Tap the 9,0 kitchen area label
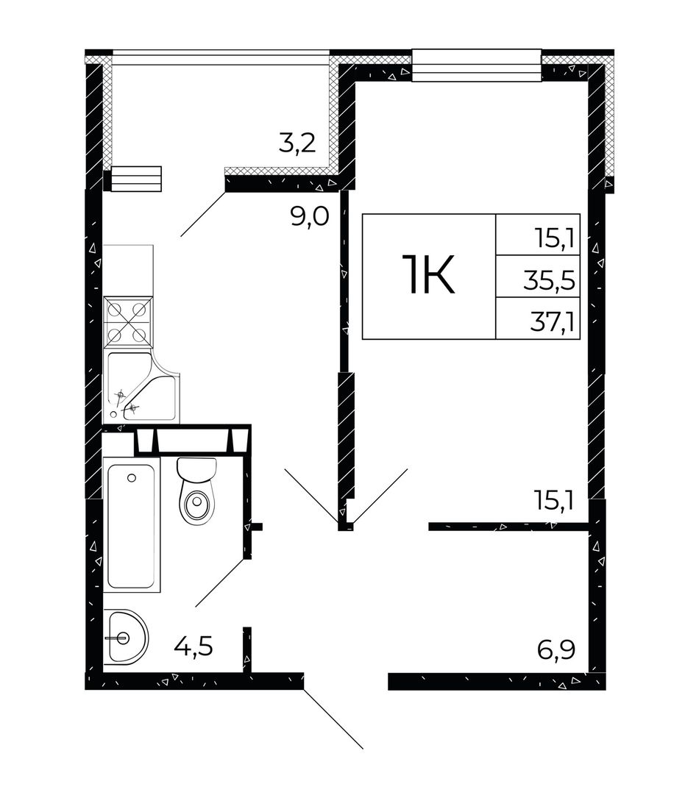click(x=310, y=217)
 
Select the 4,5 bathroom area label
click(x=193, y=647)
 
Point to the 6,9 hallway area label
click(x=556, y=650)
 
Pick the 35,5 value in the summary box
click(x=550, y=280)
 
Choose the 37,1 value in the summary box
click(x=553, y=322)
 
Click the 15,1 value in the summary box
click(x=555, y=238)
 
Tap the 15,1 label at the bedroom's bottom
click(x=555, y=500)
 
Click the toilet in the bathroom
click(x=197, y=491)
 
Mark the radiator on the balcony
click(x=136, y=179)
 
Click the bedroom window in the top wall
click(x=476, y=65)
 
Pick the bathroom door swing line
click(x=220, y=582)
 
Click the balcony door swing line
click(x=203, y=214)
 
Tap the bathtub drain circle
click(x=132, y=477)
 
